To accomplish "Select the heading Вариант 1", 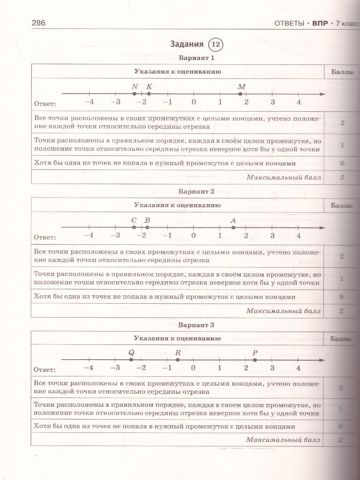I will (x=197, y=58).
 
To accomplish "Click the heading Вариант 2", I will (x=197, y=191).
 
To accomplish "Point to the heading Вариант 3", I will (x=197, y=325).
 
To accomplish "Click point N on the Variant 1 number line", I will (x=134, y=94).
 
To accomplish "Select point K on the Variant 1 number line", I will (x=149, y=94).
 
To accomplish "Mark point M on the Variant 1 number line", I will (x=240, y=94).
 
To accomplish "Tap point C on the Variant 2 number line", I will (x=134, y=228).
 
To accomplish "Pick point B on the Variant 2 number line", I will (x=147, y=228).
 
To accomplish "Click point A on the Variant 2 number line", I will (x=233, y=228).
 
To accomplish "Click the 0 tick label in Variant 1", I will (x=194, y=102).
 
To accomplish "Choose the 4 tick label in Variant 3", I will (x=298, y=368).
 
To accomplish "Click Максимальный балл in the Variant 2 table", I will (x=283, y=311).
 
